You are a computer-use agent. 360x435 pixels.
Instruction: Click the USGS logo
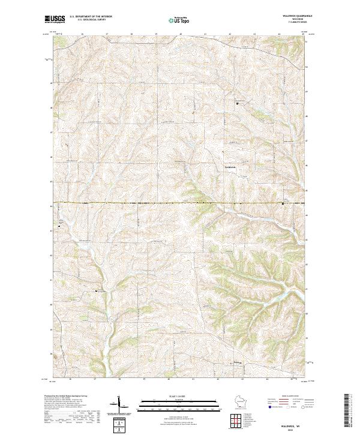click(x=55, y=19)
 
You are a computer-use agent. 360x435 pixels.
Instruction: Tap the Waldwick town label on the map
click(x=231, y=166)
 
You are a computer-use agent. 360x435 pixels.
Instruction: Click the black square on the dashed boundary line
click(x=283, y=203)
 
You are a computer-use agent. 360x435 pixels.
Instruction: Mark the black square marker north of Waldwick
click(x=237, y=103)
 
